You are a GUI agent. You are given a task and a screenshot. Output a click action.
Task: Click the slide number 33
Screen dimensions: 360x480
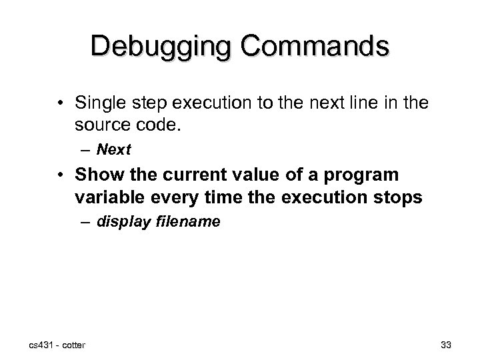(446, 344)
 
